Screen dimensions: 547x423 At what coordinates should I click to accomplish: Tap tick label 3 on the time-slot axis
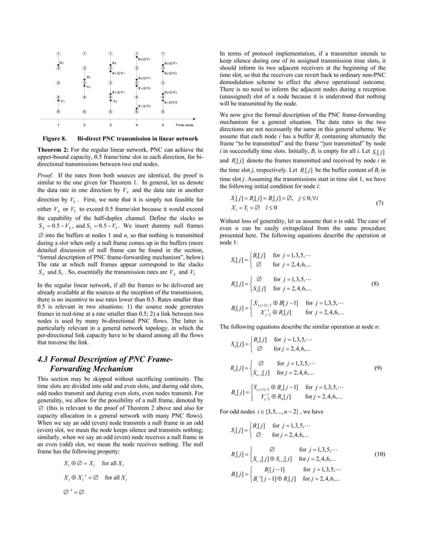tap(110, 124)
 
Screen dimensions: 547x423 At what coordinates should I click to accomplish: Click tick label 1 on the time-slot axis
tap(59, 124)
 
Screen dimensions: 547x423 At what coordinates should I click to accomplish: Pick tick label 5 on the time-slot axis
tap(162, 124)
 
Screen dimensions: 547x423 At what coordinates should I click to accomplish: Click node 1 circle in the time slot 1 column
tap(59, 52)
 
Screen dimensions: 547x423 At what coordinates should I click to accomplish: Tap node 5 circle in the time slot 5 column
tap(162, 112)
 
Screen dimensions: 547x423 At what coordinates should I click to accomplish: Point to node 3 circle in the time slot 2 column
tap(84, 82)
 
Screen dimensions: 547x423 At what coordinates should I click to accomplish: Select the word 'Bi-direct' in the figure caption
tap(92, 138)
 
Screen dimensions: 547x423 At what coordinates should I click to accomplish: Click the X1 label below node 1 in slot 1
tap(63, 60)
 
